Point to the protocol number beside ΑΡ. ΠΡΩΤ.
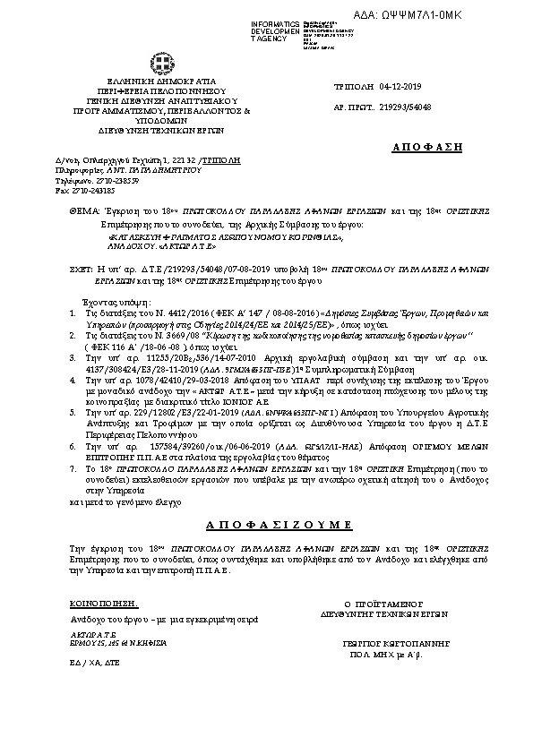tap(408, 106)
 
